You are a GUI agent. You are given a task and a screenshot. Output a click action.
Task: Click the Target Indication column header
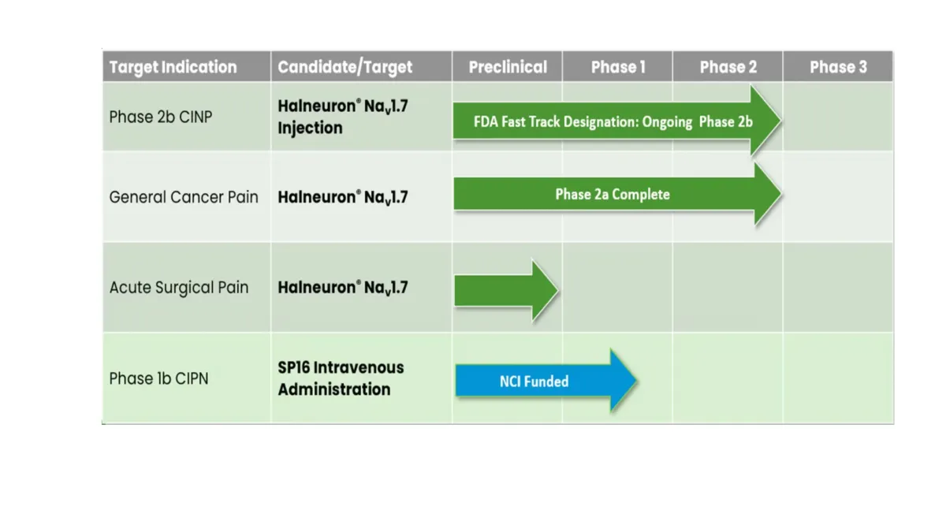(x=173, y=67)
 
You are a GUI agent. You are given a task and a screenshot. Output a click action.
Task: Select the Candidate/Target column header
(x=345, y=67)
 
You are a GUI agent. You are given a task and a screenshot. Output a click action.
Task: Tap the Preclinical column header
(x=508, y=67)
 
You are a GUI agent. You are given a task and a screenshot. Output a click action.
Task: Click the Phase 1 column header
(x=618, y=67)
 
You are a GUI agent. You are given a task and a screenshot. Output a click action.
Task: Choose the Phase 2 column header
(x=728, y=67)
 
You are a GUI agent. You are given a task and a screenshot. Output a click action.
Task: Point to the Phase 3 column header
(x=838, y=67)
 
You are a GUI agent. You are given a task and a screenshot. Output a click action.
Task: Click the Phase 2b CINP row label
(x=161, y=117)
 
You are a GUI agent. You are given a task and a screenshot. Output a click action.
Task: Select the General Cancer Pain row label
(x=184, y=197)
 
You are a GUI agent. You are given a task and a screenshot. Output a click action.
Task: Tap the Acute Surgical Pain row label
(x=179, y=288)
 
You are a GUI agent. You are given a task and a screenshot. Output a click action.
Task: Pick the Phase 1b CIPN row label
(x=158, y=378)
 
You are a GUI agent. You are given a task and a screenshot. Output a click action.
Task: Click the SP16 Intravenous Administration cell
(x=341, y=378)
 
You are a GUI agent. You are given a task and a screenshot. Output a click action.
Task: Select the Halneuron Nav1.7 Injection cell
(x=342, y=117)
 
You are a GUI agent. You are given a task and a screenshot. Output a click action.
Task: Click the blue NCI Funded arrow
(x=544, y=382)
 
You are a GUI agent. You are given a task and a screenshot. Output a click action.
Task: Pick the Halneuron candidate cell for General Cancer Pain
(x=342, y=197)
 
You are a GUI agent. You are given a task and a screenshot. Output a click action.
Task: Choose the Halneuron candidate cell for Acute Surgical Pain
(x=342, y=288)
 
